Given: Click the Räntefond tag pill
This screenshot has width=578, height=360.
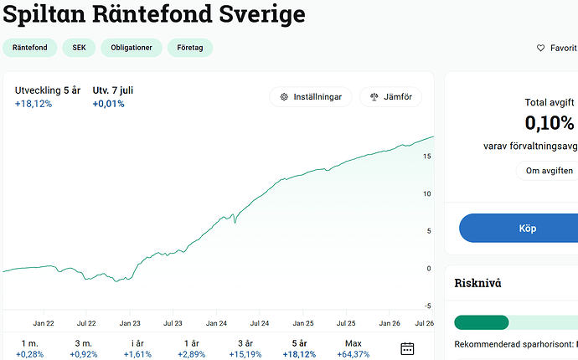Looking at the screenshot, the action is tap(30, 48).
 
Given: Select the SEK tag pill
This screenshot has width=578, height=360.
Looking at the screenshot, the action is tap(79, 48).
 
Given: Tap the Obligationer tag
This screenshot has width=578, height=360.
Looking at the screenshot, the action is tap(132, 48).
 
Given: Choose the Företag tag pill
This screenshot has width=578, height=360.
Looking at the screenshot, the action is tap(190, 48).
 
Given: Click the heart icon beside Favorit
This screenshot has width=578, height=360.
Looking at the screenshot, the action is tap(540, 48).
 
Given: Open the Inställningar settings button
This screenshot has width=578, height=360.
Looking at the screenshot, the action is tap(311, 97).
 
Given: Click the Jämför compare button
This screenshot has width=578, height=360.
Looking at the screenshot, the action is tap(390, 97).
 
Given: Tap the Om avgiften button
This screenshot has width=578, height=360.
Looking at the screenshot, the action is tap(549, 171).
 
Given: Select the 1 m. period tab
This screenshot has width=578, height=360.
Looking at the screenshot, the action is tap(29, 348).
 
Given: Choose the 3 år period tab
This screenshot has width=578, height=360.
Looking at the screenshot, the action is tap(245, 348).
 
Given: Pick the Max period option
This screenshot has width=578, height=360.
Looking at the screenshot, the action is tap(354, 348).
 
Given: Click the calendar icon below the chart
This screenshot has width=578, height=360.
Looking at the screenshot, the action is tap(407, 348).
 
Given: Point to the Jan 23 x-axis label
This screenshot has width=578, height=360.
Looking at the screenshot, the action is tap(130, 323).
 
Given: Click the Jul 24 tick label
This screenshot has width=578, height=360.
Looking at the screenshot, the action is tap(260, 323).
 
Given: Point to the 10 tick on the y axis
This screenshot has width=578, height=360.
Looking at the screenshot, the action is tap(427, 194).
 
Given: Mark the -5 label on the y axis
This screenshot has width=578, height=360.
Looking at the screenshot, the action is tap(427, 306).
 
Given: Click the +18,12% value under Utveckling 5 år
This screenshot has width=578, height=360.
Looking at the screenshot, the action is tap(34, 104).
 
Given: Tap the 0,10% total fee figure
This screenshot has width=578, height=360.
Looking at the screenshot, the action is tap(550, 123).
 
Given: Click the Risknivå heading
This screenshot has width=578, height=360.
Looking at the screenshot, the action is tap(477, 283).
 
